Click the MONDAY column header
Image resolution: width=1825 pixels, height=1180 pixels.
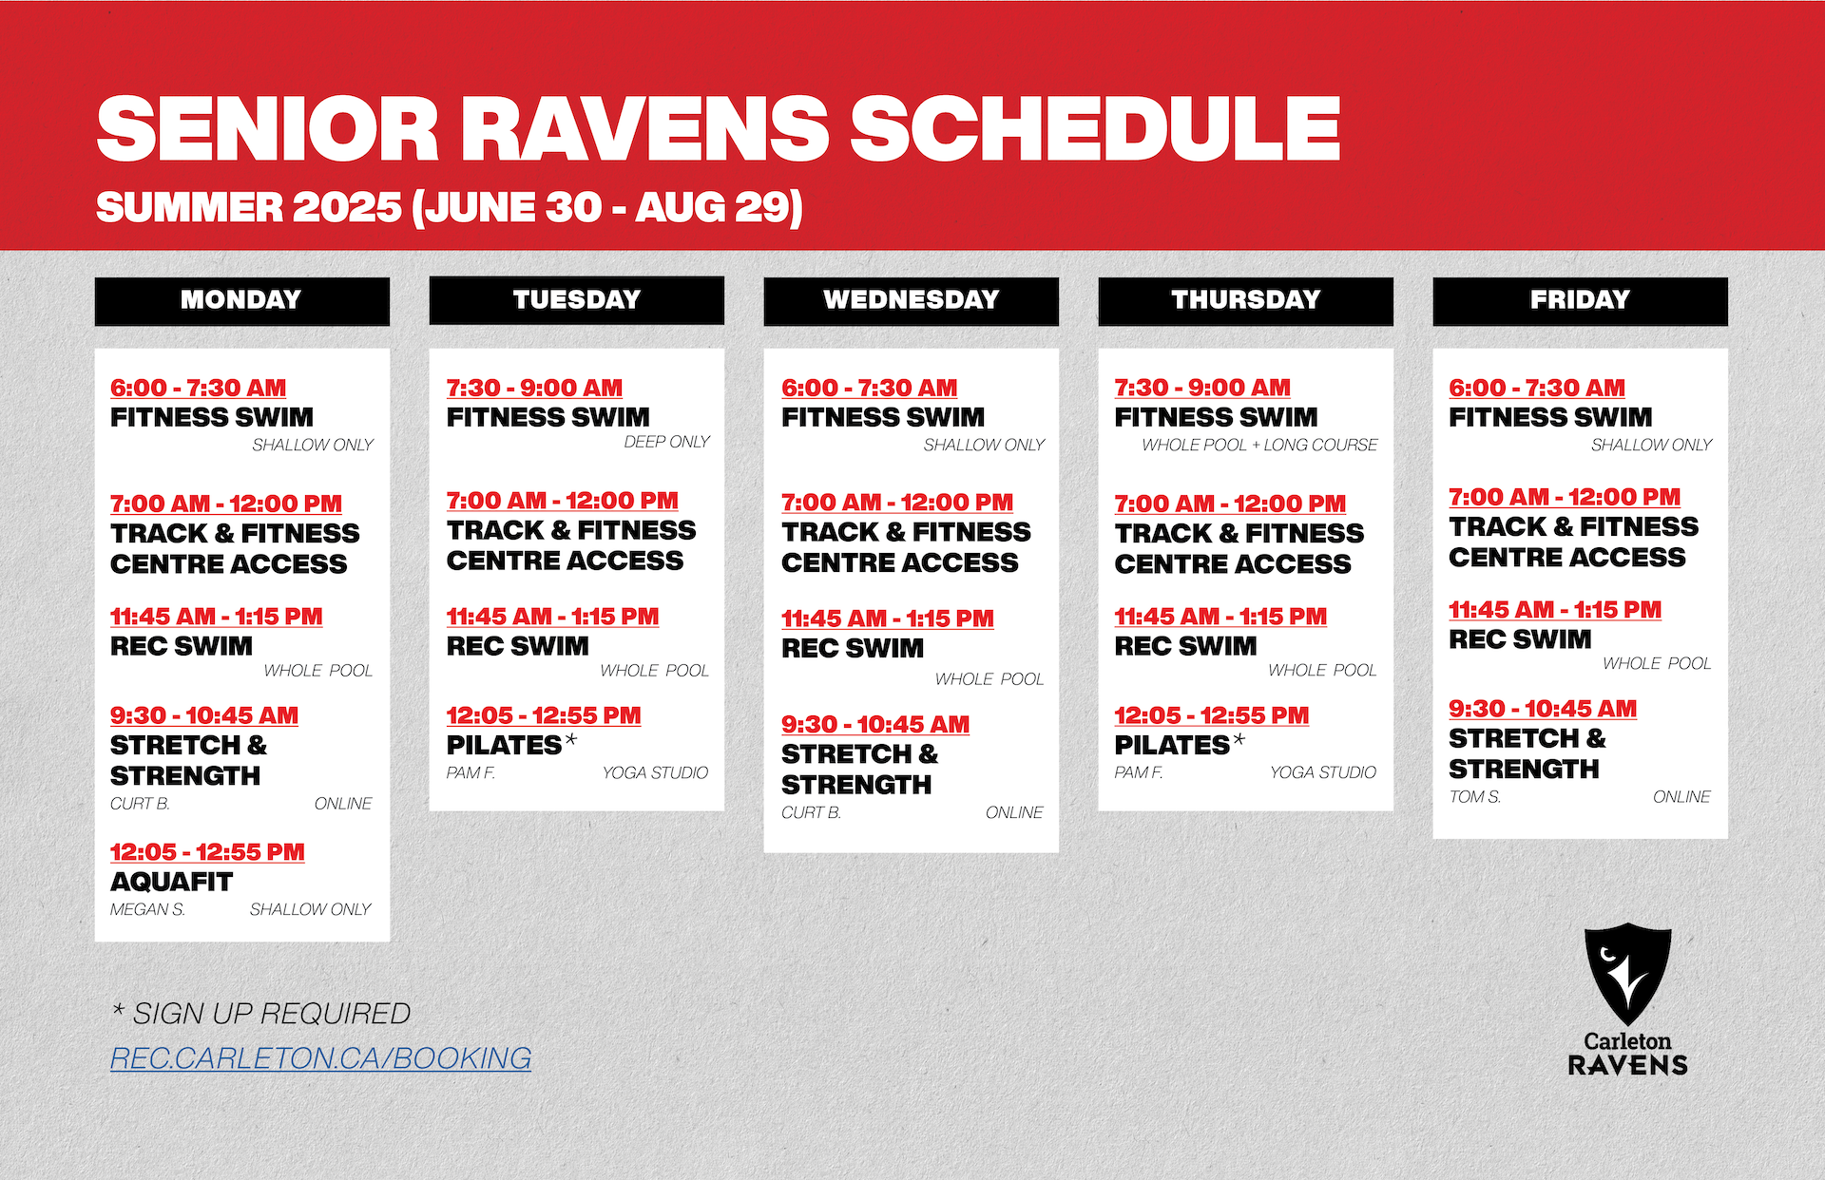click(x=241, y=301)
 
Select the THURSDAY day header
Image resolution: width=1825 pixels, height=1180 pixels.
click(x=1245, y=301)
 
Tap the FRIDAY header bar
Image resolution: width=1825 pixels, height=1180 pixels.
click(x=1580, y=301)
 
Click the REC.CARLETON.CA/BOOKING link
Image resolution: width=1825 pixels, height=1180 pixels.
click(x=320, y=1058)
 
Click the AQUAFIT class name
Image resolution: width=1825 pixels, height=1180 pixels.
click(x=171, y=882)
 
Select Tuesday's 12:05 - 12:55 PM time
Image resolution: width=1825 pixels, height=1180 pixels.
click(x=544, y=715)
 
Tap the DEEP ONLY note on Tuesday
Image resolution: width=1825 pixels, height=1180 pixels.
click(x=667, y=442)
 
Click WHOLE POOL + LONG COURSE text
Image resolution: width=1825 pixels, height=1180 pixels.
click(x=1259, y=445)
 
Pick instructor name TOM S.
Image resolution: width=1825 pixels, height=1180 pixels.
click(x=1475, y=797)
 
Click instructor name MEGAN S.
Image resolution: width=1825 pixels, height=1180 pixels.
click(x=147, y=909)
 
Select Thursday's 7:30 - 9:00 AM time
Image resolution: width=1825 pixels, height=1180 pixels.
click(x=1202, y=388)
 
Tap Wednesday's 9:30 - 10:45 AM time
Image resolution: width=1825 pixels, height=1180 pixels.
click(x=875, y=724)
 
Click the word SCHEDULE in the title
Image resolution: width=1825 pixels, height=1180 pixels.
click(x=1095, y=129)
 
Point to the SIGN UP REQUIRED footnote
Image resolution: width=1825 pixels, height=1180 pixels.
click(x=261, y=1014)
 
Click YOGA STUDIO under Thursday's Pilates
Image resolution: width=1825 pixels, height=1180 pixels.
click(x=1323, y=772)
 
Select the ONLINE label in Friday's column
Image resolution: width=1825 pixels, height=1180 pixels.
click(x=1681, y=797)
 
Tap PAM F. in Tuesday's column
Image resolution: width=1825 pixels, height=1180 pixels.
click(x=471, y=772)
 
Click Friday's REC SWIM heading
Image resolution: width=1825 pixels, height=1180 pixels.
click(x=1520, y=639)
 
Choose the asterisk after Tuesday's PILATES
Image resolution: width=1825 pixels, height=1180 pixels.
click(x=570, y=739)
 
